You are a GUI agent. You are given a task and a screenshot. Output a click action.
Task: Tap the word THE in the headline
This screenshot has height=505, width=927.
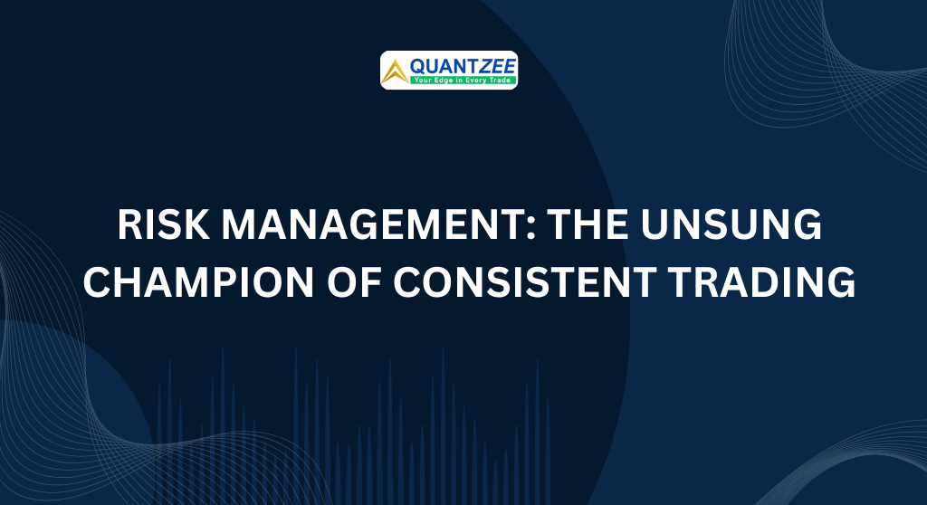[587, 224]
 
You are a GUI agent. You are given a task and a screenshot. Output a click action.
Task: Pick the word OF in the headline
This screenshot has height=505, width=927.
[353, 281]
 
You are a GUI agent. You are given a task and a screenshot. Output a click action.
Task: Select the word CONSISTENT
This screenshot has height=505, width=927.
[524, 281]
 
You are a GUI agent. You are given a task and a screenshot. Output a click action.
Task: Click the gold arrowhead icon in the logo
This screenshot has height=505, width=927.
[395, 72]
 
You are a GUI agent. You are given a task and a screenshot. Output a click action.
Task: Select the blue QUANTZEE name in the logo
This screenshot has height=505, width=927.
[463, 66]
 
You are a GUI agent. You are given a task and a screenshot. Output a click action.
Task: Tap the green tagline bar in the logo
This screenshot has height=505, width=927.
[463, 80]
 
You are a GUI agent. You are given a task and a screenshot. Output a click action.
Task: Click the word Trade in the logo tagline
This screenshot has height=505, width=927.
[500, 80]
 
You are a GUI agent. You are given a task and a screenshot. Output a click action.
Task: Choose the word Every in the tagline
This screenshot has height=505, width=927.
[475, 80]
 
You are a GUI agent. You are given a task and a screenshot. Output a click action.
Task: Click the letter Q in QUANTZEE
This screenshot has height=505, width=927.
[418, 66]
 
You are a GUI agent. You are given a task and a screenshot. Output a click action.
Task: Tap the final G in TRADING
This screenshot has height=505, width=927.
[841, 281]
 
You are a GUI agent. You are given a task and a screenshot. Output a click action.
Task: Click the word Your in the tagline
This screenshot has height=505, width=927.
[422, 80]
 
